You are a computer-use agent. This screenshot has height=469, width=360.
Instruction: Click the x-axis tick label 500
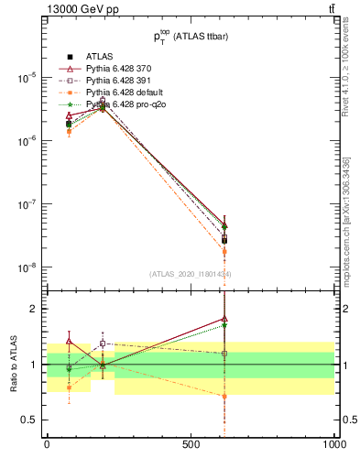point(191,444)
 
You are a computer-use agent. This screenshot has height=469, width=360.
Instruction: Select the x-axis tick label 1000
point(333,444)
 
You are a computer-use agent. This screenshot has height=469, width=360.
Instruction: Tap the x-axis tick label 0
point(47,444)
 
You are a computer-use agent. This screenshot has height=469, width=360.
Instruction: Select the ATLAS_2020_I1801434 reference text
point(191,274)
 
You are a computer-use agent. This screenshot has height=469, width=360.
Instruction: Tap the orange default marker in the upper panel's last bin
point(224,251)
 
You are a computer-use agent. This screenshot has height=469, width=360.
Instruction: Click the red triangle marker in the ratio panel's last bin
point(224,319)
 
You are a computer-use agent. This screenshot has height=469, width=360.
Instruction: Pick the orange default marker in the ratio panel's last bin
point(224,396)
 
